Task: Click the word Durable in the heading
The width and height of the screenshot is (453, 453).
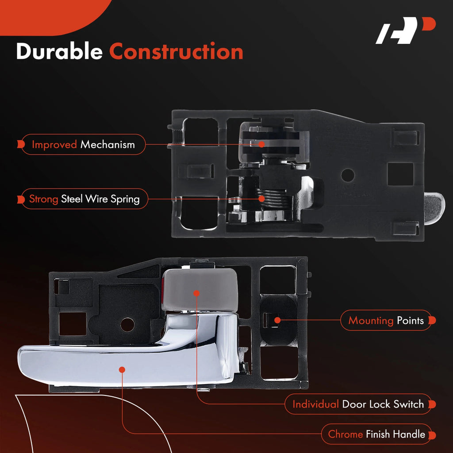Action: click(59, 51)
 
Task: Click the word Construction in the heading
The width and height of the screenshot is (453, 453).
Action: click(176, 51)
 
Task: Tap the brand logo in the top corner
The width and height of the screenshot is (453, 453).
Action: click(405, 31)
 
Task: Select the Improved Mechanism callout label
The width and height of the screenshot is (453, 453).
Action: click(83, 145)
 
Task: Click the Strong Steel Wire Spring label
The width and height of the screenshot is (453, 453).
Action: click(84, 199)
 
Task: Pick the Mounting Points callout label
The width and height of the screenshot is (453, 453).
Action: click(388, 320)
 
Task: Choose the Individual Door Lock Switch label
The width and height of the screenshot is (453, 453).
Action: click(360, 404)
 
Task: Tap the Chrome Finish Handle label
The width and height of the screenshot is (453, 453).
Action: click(378, 434)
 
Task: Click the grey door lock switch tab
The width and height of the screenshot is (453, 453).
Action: click(200, 290)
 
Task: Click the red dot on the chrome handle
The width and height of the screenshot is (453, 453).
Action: click(122, 370)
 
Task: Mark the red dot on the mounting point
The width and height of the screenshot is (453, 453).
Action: click(277, 320)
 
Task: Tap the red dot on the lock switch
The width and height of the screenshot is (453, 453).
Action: click(196, 293)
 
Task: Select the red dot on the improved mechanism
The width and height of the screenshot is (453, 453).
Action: click(261, 144)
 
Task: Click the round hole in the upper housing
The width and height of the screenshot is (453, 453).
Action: click(348, 175)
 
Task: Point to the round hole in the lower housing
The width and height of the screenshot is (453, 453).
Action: click(127, 325)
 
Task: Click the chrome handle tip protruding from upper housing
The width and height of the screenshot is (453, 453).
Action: click(434, 208)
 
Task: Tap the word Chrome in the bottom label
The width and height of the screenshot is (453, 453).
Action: click(345, 434)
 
